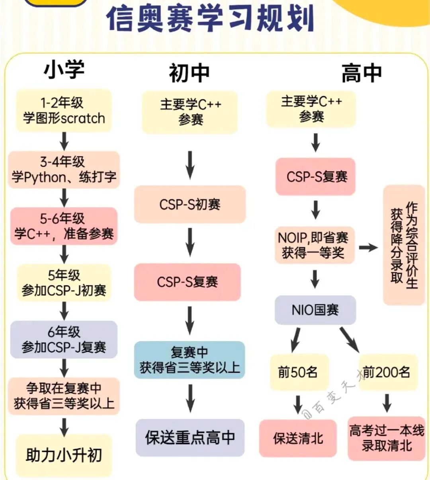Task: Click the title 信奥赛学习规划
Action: pyautogui.click(x=210, y=18)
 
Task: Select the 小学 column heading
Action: pyautogui.click(x=64, y=70)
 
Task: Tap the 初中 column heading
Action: pyautogui.click(x=189, y=73)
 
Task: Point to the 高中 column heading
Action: pyautogui.click(x=362, y=73)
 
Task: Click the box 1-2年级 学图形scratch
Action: pyautogui.click(x=64, y=111)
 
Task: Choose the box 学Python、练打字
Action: pyautogui.click(x=64, y=170)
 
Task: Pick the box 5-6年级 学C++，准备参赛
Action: pyautogui.click(x=64, y=226)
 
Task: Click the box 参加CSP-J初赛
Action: pyautogui.click(x=64, y=283)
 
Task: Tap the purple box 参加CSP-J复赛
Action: pyautogui.click(x=64, y=340)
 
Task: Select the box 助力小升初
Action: pyautogui.click(x=64, y=455)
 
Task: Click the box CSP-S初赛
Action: pyautogui.click(x=190, y=204)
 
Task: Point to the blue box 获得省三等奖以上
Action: pyautogui.click(x=190, y=360)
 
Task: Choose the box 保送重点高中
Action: pyautogui.click(x=190, y=437)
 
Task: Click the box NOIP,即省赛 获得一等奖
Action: pyautogui.click(x=314, y=245)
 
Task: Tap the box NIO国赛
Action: pyautogui.click(x=315, y=310)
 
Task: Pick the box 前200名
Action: pyautogui.click(x=387, y=372)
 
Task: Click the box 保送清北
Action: pyautogui.click(x=298, y=438)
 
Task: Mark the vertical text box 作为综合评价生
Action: pyautogui.click(x=404, y=245)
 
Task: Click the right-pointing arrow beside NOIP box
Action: pyautogui.click(x=368, y=248)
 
